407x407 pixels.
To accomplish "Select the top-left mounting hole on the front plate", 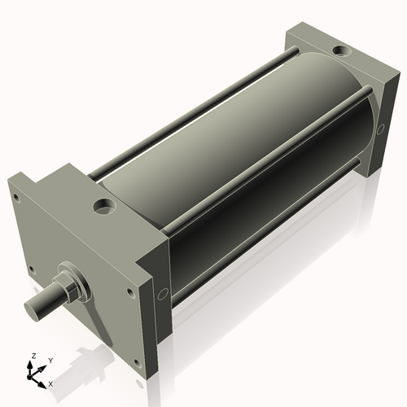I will pos(15,195).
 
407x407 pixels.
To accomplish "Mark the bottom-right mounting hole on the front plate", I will pos(129,291).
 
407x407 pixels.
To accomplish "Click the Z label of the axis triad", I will pos(33,357).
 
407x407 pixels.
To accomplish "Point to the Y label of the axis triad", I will pos(50,360).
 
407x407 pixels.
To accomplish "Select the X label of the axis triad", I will pos(51,382).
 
